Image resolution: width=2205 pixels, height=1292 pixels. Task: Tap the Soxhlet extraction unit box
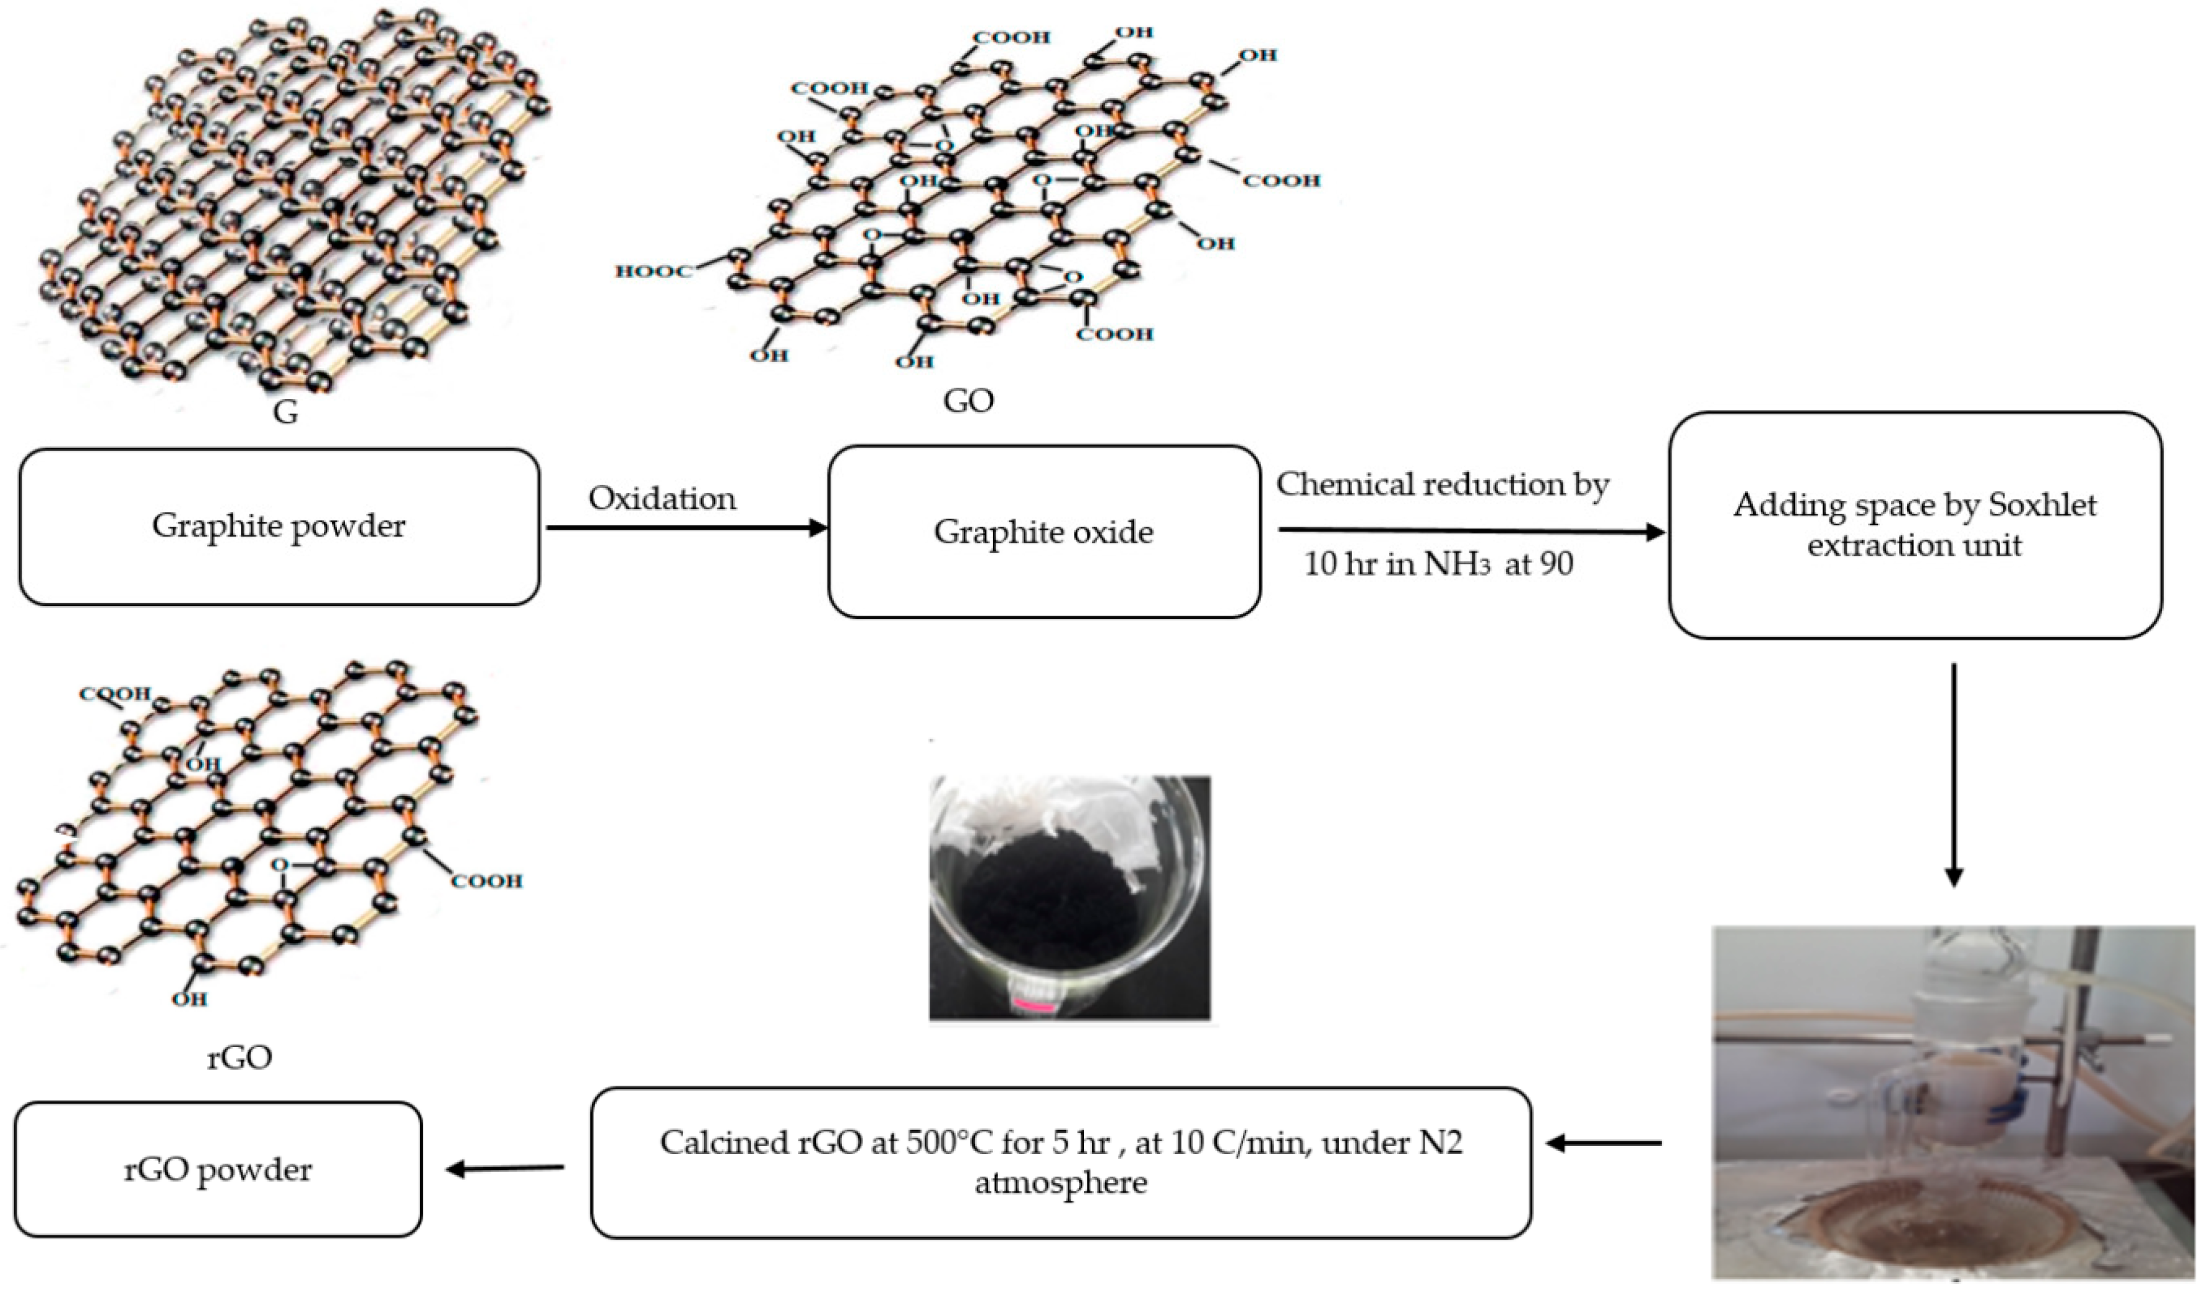(x=1915, y=525)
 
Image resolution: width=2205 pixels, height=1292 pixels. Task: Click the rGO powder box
(x=217, y=1170)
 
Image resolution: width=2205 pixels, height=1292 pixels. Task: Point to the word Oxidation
(x=662, y=499)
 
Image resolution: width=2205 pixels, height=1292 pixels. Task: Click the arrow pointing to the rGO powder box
(x=505, y=1168)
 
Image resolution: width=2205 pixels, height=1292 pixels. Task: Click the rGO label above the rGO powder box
(x=239, y=1058)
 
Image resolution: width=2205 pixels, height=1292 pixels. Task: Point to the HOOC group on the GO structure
(x=653, y=271)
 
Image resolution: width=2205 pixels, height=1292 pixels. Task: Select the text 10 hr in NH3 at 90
(x=1438, y=564)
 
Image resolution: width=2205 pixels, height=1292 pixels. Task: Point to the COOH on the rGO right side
(x=486, y=881)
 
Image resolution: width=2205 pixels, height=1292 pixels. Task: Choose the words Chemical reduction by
(x=1442, y=484)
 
